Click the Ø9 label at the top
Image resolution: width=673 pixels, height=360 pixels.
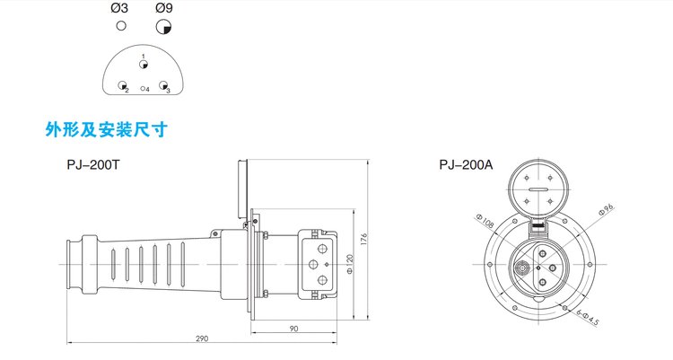pyautogui.click(x=164, y=8)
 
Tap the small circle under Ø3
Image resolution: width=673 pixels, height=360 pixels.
pyautogui.click(x=121, y=26)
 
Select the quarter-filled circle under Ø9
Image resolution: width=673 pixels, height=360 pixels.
pyautogui.click(x=163, y=27)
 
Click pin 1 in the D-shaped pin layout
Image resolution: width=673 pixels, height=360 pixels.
pyautogui.click(x=144, y=65)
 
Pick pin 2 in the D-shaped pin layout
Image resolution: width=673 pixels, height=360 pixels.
pyautogui.click(x=122, y=85)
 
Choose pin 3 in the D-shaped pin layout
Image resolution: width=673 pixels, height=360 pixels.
pyautogui.click(x=163, y=85)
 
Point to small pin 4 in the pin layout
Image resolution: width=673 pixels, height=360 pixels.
pyautogui.click(x=143, y=89)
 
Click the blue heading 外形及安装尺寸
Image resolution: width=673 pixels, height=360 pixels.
pyautogui.click(x=107, y=129)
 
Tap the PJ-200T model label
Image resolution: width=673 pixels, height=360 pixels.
pyautogui.click(x=92, y=165)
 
